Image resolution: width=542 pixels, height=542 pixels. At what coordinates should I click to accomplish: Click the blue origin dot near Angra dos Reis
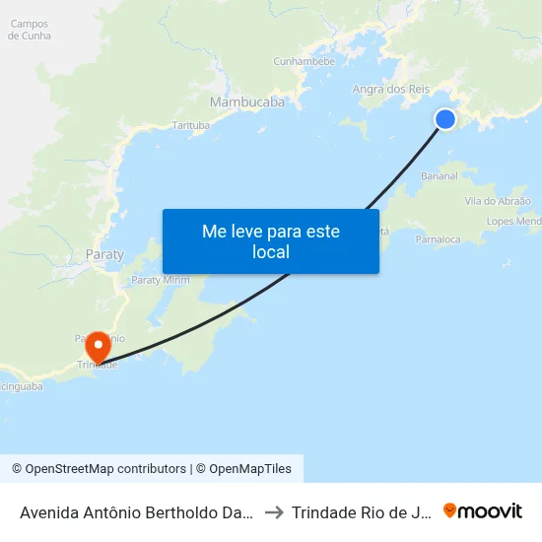[x=445, y=119]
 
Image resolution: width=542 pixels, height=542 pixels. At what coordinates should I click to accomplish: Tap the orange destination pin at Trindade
[x=98, y=348]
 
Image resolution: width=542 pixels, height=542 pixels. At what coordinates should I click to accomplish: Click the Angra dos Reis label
[x=391, y=90]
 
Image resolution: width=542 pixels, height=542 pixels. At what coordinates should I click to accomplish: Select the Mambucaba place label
[x=247, y=102]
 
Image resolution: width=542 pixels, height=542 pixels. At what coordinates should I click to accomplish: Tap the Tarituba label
[x=191, y=126]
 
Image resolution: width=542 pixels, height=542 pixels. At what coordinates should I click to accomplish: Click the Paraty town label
[x=105, y=254]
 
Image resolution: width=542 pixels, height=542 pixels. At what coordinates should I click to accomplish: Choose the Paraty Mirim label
[x=161, y=280]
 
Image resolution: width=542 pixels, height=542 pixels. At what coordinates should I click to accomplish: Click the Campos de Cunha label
[x=30, y=30]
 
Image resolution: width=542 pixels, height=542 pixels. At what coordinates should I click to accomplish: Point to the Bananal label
[x=439, y=176]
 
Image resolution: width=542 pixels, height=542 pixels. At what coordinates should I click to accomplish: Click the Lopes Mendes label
[x=513, y=222]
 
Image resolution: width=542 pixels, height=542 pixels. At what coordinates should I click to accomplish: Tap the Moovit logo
[x=483, y=510]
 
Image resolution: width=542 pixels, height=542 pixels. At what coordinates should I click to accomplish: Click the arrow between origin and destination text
[x=275, y=511]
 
